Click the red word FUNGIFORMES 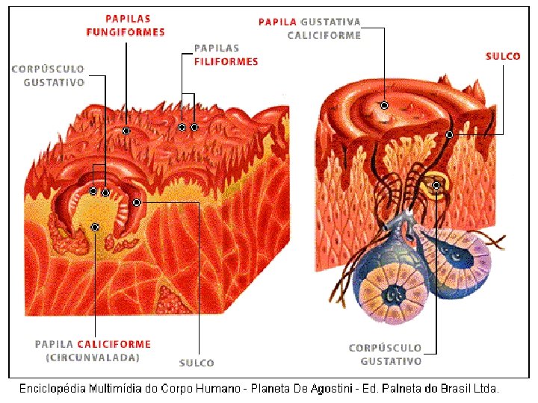[126, 32]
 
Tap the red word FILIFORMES [226, 62]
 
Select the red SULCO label [503, 56]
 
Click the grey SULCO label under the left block [197, 363]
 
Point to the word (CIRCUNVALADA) [93, 357]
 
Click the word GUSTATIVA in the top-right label [330, 22]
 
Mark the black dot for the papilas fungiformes [126, 131]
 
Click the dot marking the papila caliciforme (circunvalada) [95, 226]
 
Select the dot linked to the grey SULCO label [137, 202]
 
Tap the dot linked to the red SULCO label [449, 134]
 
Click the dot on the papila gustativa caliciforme [384, 105]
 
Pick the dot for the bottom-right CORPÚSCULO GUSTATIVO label [436, 184]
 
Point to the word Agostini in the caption [336, 388]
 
